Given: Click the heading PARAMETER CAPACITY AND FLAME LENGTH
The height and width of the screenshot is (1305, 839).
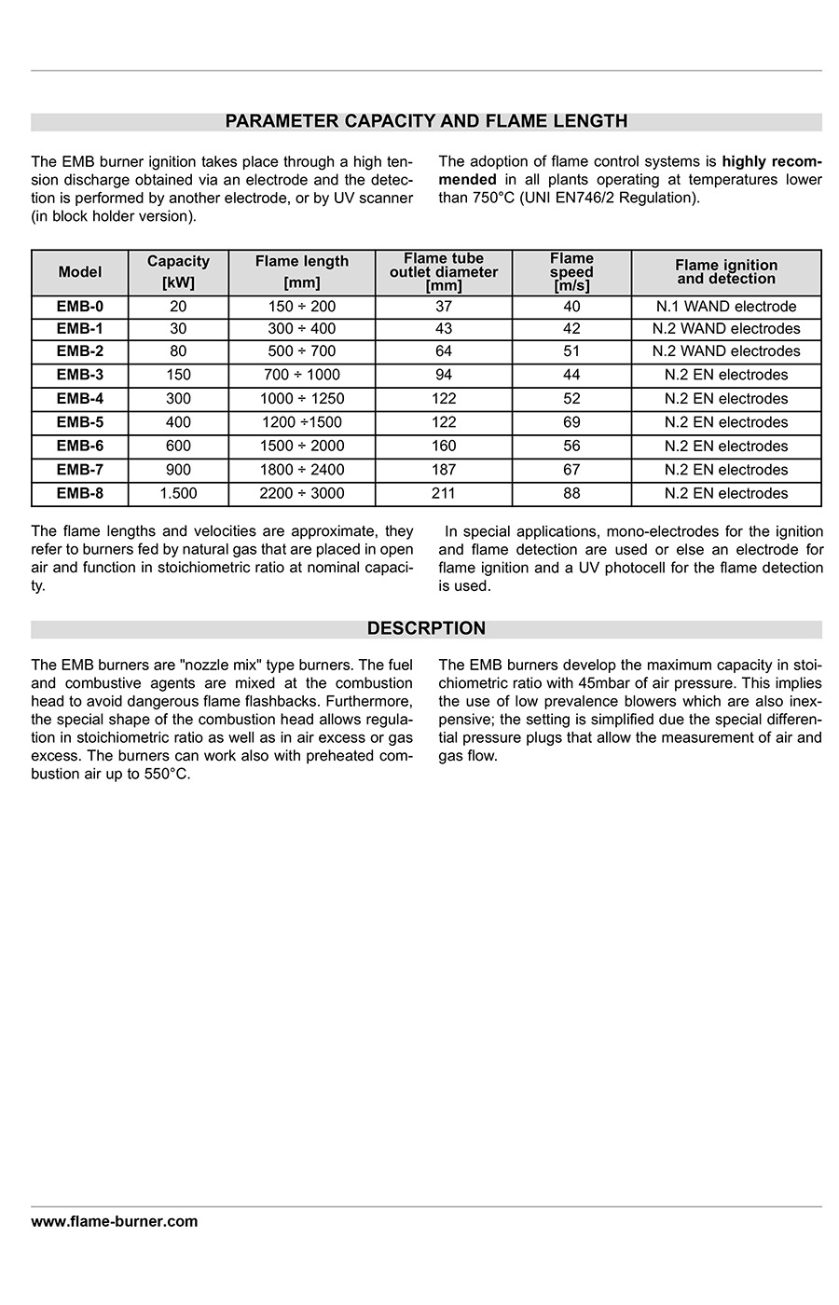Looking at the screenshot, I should (426, 121).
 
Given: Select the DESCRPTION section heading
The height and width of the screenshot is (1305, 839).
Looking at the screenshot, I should (426, 629).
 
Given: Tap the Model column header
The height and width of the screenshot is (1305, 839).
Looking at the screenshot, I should (80, 272).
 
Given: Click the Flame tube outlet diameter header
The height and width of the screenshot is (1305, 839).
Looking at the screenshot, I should (444, 272).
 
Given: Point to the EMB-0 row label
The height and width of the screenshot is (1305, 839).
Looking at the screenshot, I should (80, 307).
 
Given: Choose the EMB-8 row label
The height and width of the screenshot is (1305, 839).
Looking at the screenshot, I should (80, 494).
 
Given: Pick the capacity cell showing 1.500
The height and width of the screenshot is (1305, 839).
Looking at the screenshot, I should (178, 494).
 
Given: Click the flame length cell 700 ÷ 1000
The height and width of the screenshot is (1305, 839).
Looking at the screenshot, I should (302, 375).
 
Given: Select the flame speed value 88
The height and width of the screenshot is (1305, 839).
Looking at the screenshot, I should (571, 494).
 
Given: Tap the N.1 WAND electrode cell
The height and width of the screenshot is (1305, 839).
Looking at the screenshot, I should (726, 307).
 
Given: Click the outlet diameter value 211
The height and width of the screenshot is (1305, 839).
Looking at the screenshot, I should (444, 494).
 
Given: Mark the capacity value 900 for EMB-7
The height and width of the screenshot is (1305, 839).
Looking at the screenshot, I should (178, 470).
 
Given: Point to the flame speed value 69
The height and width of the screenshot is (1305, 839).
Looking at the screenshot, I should (571, 422).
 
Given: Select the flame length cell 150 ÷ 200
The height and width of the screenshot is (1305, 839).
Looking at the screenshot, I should (302, 307).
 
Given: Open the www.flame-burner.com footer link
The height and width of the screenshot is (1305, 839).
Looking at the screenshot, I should (115, 1221).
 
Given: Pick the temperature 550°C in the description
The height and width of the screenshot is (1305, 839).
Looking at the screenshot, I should (167, 775).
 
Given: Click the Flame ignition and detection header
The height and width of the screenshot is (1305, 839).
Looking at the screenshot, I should (726, 272).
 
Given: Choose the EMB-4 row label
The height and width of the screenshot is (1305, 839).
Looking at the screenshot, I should (80, 399).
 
